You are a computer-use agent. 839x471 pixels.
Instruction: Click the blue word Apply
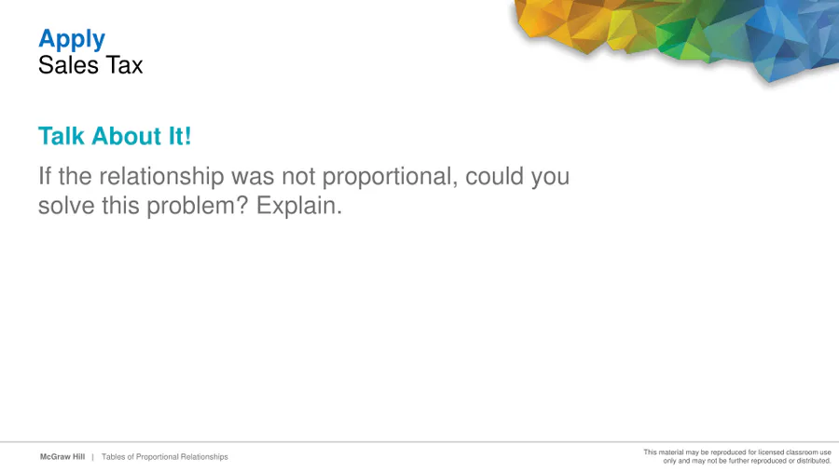click(72, 40)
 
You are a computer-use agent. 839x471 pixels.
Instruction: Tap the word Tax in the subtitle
click(124, 65)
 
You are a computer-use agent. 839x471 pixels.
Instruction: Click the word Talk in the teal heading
click(62, 136)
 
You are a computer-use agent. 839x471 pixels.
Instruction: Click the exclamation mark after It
click(187, 136)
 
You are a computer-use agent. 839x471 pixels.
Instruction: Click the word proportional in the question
click(390, 177)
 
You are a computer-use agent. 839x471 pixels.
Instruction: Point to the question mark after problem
click(242, 206)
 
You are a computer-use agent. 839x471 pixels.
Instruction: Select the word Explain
click(299, 206)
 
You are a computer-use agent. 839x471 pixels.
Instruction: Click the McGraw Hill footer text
click(62, 457)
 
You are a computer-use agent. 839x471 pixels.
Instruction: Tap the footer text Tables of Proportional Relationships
click(165, 457)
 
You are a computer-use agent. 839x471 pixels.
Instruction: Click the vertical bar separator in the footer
click(92, 457)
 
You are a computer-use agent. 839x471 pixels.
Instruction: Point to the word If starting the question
click(45, 176)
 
